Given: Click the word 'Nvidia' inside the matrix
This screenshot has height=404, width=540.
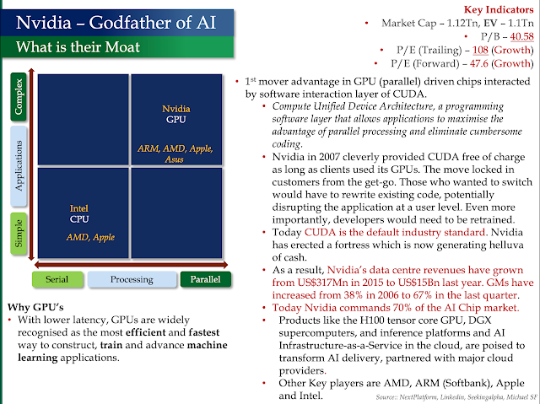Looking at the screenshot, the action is [x=178, y=109].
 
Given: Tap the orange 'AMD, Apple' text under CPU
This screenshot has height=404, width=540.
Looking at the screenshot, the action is [x=92, y=237].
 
